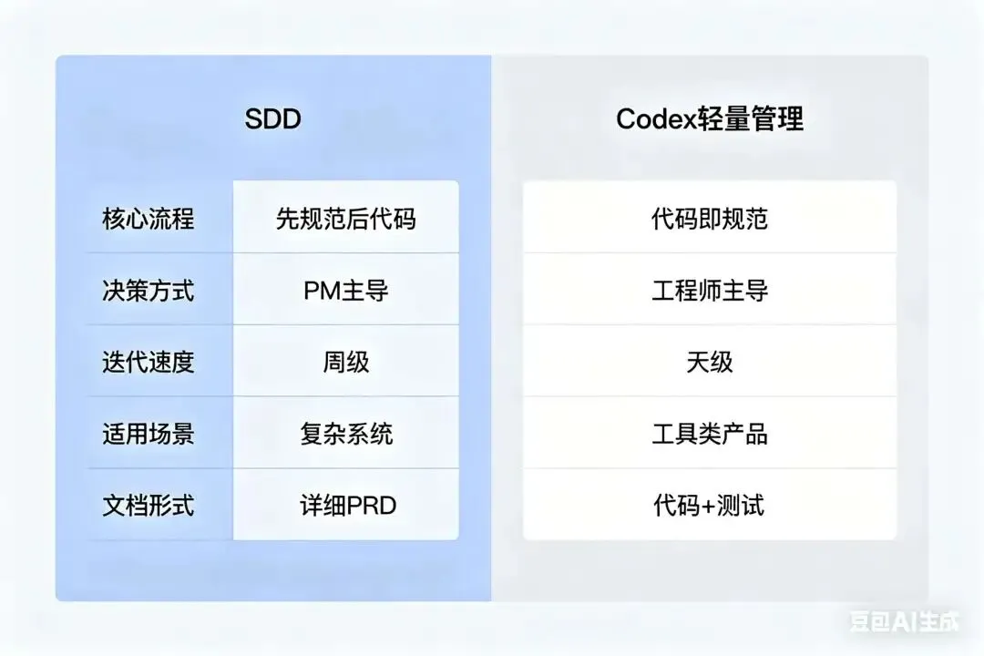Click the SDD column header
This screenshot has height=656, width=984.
click(273, 119)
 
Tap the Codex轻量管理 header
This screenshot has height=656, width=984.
click(710, 119)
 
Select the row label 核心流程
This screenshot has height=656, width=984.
click(148, 219)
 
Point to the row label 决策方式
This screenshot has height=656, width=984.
click(148, 291)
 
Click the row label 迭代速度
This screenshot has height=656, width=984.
click(148, 363)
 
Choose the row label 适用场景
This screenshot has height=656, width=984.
click(148, 434)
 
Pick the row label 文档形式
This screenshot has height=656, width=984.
click(148, 506)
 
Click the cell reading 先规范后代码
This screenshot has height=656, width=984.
click(346, 219)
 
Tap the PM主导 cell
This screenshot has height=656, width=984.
click(346, 291)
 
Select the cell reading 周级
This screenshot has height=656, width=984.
click(346, 363)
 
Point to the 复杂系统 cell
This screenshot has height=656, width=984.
click(346, 434)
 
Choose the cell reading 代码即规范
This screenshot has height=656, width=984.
click(710, 219)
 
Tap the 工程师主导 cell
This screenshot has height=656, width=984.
click(710, 291)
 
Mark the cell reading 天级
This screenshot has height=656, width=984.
click(710, 363)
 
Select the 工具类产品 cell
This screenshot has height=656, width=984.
click(710, 434)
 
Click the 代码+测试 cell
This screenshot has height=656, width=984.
click(710, 506)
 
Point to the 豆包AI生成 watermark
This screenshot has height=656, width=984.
click(905, 621)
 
